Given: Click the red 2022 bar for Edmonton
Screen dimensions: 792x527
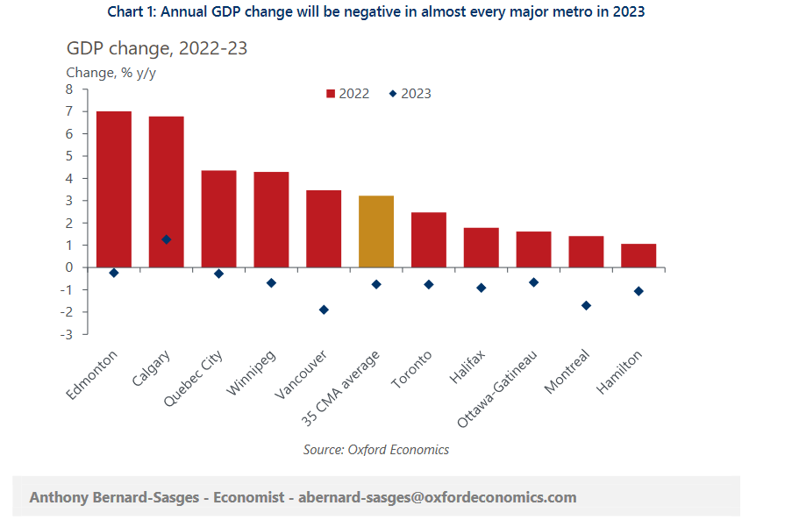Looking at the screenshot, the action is point(114,189).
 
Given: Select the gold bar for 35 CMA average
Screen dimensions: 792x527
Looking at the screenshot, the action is point(376,231).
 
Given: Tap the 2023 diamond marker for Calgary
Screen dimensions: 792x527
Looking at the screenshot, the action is point(166,239).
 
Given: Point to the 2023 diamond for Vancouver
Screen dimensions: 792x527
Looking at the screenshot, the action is point(324,310).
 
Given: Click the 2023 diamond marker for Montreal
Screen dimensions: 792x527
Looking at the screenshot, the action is point(586,306).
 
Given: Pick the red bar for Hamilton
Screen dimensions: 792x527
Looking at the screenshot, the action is point(639,256).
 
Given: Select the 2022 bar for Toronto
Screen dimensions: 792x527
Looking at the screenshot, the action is point(429,240).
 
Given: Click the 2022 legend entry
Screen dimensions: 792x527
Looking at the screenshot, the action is point(348,94).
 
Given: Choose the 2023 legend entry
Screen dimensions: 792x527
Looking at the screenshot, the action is point(410,94).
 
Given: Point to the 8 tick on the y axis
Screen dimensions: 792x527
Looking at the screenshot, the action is point(69,89).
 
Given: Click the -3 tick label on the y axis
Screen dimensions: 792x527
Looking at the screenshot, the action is point(66,335).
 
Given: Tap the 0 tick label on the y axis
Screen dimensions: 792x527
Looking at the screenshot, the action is point(69,267).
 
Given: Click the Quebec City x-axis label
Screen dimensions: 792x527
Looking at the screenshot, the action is point(194,379).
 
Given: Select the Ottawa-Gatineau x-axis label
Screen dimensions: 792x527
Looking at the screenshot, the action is point(497,388).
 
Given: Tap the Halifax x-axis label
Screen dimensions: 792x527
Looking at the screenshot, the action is point(467,367).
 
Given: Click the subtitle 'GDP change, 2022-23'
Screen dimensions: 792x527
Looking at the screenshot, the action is point(157,48).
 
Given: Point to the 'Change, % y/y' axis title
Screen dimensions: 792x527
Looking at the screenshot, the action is point(111,73).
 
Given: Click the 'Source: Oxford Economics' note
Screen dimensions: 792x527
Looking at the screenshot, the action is point(375,450).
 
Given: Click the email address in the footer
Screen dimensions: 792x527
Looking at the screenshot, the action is point(438,497).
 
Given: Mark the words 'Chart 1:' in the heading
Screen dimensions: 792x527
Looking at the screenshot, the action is point(132,11).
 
